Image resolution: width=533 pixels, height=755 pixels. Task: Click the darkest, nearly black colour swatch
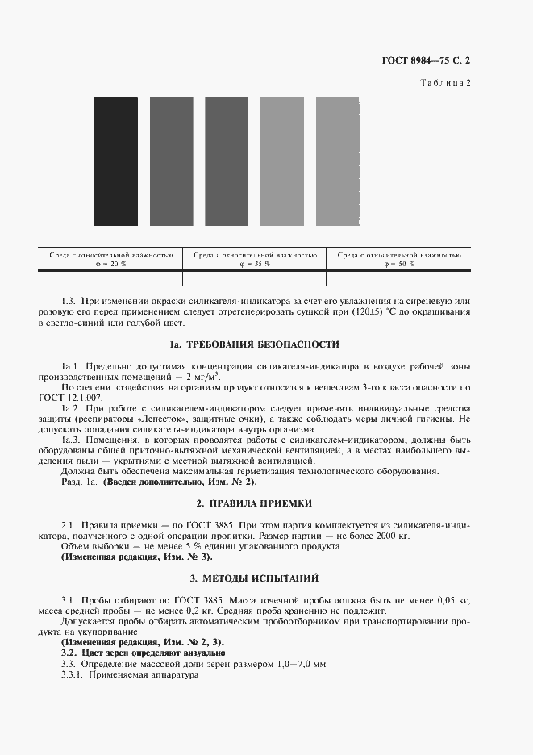point(116,161)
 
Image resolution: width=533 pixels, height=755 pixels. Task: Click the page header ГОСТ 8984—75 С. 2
point(425,61)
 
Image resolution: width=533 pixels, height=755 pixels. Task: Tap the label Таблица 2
point(446,83)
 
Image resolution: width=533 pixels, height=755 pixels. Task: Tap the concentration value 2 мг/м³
point(203,377)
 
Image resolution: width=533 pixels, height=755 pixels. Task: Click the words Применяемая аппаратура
point(143,674)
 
